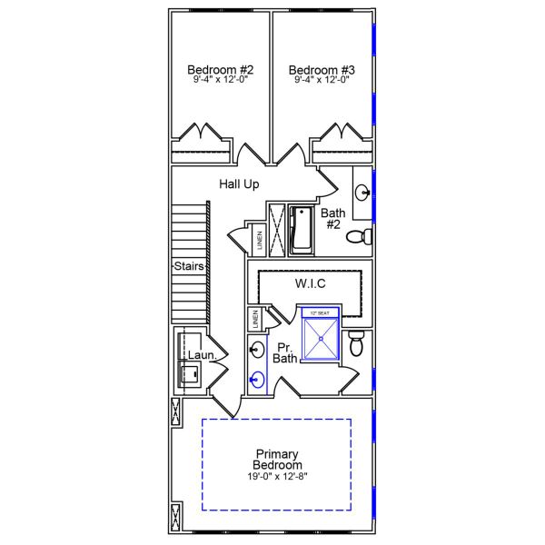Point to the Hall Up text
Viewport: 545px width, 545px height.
(x=239, y=184)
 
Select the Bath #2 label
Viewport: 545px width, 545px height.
(x=332, y=219)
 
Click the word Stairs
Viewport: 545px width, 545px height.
(x=189, y=267)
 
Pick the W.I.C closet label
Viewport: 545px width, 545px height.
(x=310, y=284)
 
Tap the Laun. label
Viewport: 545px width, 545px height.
(x=202, y=355)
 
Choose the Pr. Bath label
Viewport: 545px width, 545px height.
(x=286, y=352)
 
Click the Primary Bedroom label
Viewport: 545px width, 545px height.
(x=277, y=460)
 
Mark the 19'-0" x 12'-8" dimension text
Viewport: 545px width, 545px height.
(x=277, y=477)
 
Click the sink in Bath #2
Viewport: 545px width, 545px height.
(x=362, y=192)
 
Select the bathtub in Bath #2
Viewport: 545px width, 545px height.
(x=301, y=228)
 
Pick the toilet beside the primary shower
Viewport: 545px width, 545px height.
(x=357, y=343)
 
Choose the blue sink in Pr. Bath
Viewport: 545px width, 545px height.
(x=258, y=381)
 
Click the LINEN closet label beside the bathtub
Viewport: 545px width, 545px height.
(x=259, y=241)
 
